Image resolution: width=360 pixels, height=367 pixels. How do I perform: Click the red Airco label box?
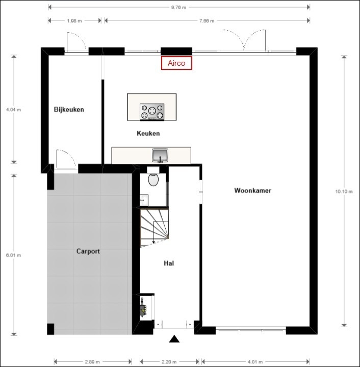[176, 63]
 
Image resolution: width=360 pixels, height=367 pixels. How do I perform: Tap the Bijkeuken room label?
[69, 109]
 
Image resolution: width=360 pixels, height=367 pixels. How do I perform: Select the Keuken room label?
[148, 133]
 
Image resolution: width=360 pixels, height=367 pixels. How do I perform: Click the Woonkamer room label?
[252, 190]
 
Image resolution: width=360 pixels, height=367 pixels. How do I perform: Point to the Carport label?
[88, 251]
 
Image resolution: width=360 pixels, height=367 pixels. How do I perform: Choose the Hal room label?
[170, 263]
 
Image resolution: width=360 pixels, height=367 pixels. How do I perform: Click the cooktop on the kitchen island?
[152, 112]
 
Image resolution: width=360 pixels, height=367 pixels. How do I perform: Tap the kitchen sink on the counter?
[160, 155]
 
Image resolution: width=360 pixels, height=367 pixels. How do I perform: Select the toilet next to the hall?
[152, 180]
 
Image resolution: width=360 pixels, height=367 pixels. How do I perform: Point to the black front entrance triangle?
[175, 339]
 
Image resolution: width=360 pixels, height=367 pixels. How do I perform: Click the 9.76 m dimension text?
[178, 7]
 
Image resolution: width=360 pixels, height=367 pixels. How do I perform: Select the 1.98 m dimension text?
[75, 21]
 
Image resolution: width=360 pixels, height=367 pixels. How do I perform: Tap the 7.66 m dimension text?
[207, 21]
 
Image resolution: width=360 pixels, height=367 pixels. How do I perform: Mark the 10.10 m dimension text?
[344, 191]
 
